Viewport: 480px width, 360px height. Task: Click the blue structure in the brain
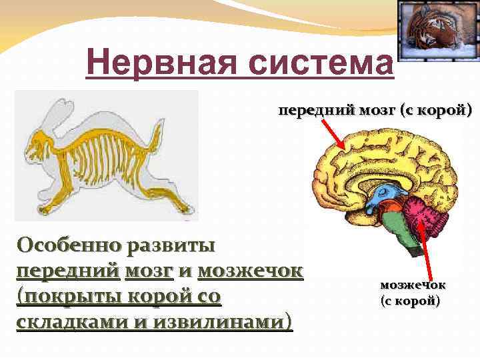pyautogui.click(x=383, y=196)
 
